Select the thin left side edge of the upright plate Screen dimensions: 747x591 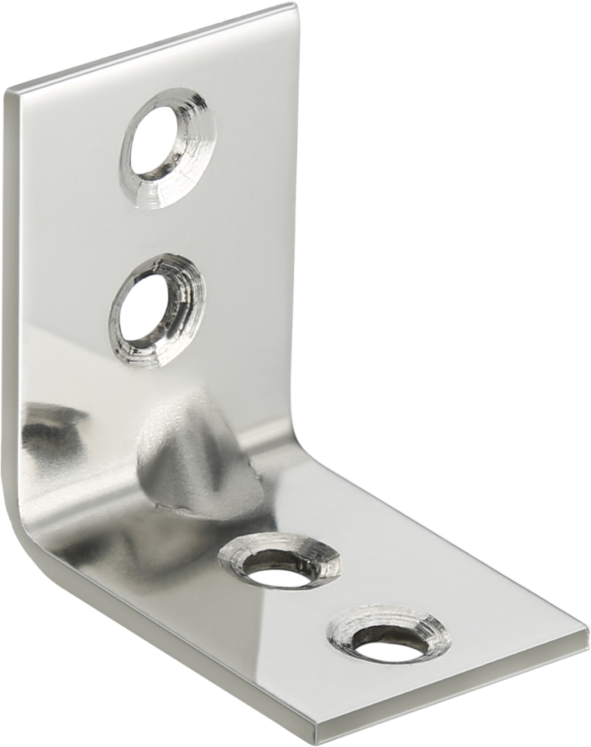tap(7, 292)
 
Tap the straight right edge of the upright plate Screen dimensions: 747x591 tap(298, 219)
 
